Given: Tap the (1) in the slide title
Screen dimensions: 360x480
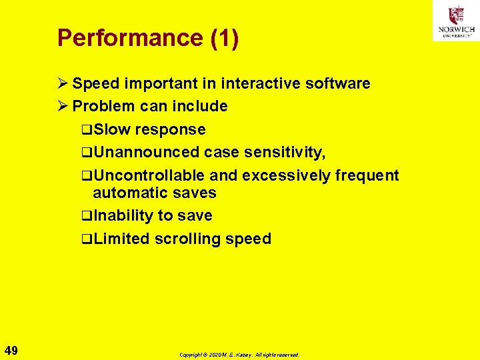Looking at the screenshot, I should pyautogui.click(x=224, y=38).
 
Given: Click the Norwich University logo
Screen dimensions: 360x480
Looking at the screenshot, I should pyautogui.click(x=455, y=21).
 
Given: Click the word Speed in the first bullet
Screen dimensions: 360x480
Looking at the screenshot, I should pyautogui.click(x=95, y=83).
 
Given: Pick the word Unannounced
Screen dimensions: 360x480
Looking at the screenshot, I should pyautogui.click(x=146, y=153).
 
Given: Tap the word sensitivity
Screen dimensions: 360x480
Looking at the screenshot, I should pyautogui.click(x=283, y=153).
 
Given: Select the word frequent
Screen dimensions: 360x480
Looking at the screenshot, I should pyautogui.click(x=367, y=175).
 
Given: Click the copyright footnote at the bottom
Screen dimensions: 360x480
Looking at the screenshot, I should pyautogui.click(x=239, y=355).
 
